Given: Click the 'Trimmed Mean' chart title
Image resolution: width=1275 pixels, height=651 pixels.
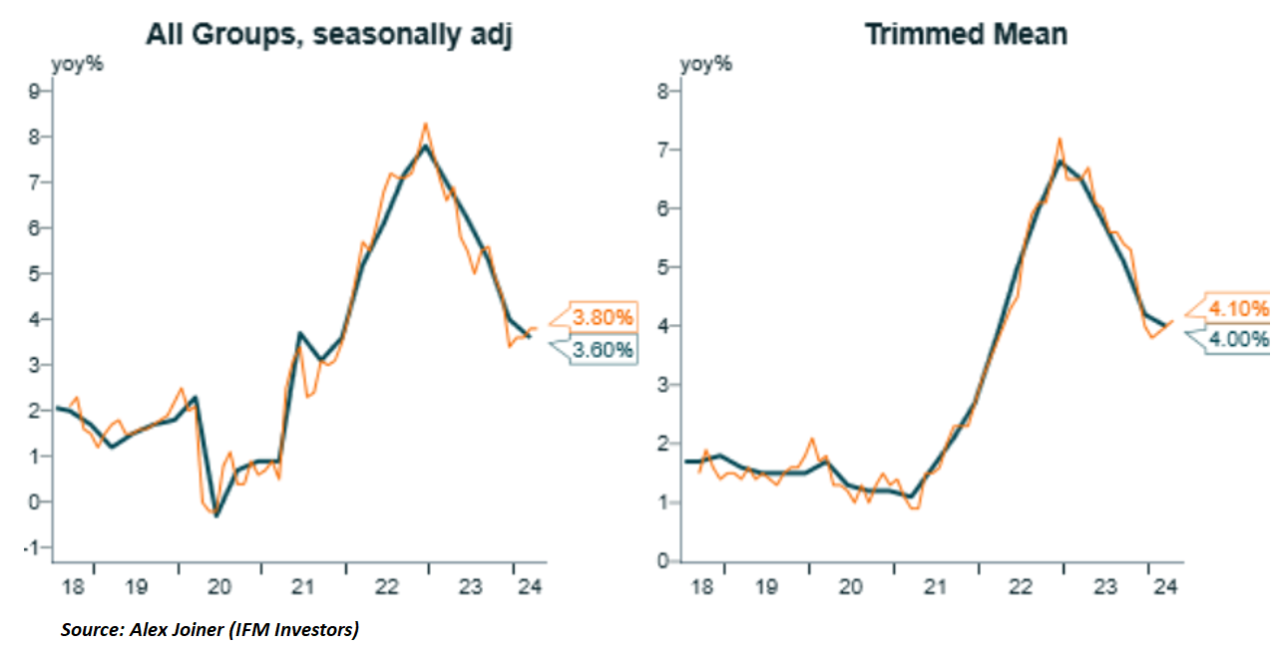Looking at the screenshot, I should click(965, 34).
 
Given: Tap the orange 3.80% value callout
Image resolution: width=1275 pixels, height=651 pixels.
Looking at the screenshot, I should click(603, 317).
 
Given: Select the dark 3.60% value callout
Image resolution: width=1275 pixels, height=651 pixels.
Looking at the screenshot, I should click(602, 350).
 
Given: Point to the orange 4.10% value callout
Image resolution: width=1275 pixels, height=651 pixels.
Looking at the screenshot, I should click(1238, 308).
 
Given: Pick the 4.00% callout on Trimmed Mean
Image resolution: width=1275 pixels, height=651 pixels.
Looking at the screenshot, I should click(1238, 339).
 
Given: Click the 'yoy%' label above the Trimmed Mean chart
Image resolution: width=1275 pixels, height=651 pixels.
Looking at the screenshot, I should click(705, 65).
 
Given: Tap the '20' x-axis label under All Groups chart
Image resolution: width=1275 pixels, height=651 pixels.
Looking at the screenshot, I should click(219, 587).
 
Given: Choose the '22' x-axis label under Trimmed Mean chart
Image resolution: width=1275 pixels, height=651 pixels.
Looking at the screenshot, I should click(1021, 587).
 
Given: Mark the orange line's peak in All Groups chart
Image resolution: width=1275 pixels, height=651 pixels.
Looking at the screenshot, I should click(425, 124).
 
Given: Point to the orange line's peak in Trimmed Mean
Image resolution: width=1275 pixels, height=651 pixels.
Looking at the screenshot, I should click(1060, 139).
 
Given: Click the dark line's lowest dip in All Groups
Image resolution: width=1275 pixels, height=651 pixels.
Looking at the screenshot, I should click(217, 515).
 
